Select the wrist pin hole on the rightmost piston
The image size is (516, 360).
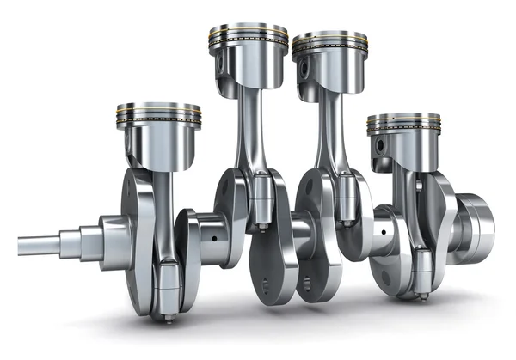tap(379, 143)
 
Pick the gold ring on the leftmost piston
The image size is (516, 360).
tap(158, 115)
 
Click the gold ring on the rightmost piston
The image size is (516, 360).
tap(403, 125)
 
